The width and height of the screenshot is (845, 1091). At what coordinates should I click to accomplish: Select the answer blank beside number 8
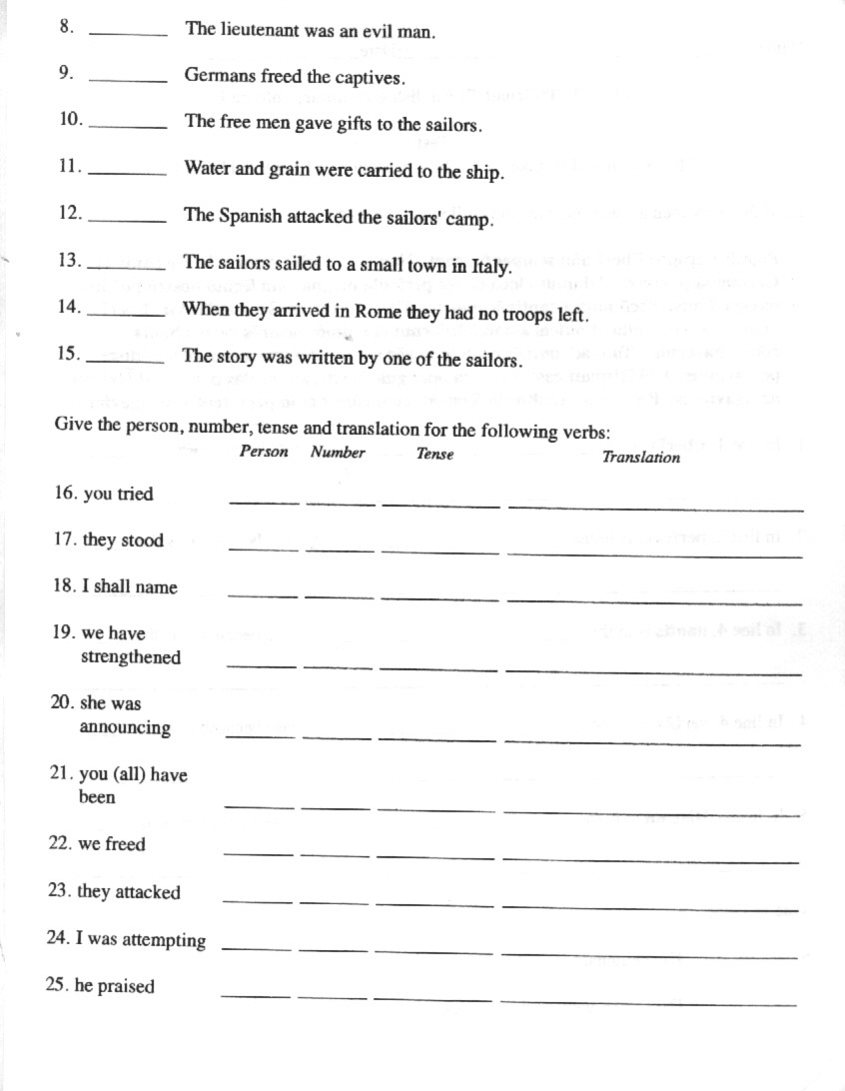point(129,34)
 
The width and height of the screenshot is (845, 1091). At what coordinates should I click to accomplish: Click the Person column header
point(264,453)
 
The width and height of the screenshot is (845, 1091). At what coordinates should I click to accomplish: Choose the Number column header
point(338,453)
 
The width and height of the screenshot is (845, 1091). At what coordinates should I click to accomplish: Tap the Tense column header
point(435,455)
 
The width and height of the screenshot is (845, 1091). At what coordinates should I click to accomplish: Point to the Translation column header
point(640,458)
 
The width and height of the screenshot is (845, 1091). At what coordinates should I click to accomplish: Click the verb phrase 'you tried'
point(118,495)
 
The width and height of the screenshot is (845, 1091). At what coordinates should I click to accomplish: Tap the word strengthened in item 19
point(131,658)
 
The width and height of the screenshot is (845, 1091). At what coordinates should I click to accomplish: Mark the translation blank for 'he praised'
point(648,999)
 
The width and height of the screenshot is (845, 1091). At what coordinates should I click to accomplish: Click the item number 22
point(60,844)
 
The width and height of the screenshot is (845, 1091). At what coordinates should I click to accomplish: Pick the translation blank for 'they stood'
point(654,551)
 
